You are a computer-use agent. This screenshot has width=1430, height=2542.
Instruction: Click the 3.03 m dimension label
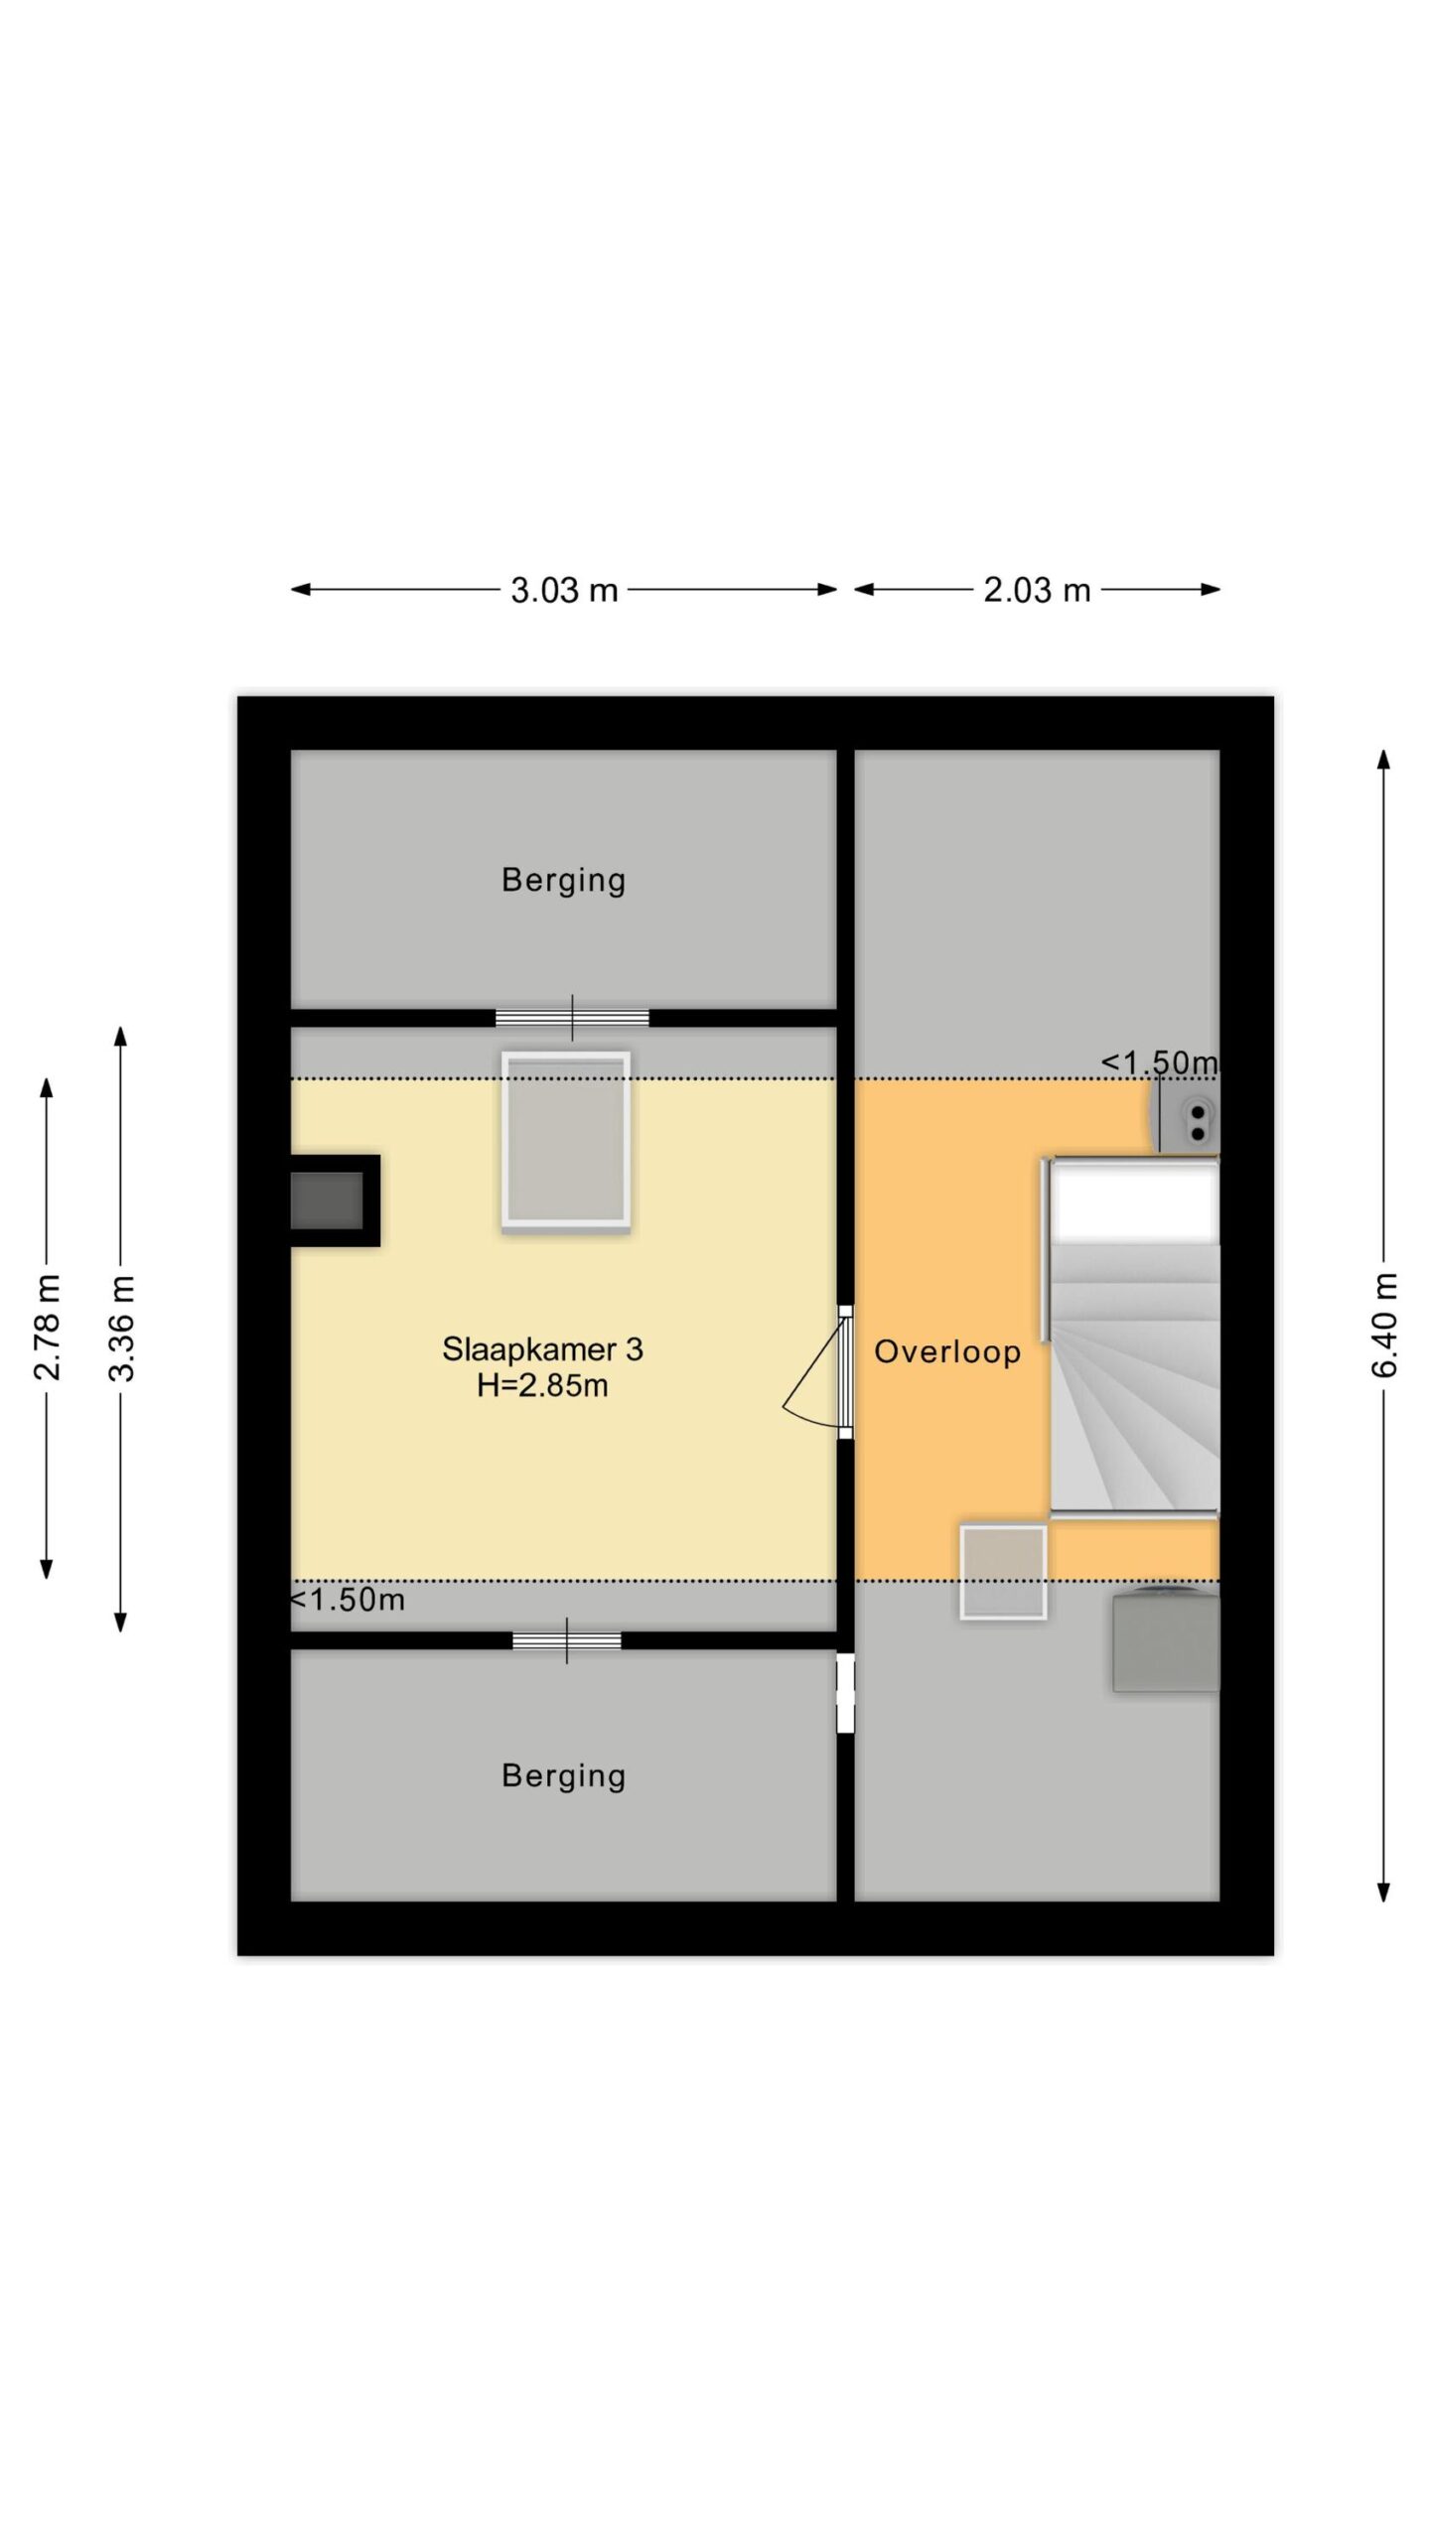(564, 590)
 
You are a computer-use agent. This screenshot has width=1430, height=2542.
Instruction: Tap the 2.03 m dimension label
(1037, 590)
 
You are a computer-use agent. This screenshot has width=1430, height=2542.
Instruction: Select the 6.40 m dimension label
(1384, 1326)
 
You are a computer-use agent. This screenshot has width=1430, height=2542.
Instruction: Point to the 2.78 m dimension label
(47, 1328)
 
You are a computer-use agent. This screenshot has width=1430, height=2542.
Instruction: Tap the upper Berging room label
(563, 881)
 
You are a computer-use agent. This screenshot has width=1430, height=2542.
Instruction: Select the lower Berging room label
(563, 1776)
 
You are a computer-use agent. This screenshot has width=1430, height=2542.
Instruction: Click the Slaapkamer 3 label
(542, 1348)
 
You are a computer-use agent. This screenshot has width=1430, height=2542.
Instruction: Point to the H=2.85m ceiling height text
(542, 1385)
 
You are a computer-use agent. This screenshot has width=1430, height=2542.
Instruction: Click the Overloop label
(947, 1351)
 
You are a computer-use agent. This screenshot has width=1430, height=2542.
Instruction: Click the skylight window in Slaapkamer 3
(566, 1142)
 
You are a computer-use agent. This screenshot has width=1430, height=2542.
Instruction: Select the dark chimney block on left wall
(335, 1200)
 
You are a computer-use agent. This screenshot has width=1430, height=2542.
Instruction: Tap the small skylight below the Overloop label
(1003, 1572)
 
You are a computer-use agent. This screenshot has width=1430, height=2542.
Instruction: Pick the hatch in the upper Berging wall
(572, 1018)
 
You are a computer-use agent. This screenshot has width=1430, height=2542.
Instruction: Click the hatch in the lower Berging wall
(567, 1640)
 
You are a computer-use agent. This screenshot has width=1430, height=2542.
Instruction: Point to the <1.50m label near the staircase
(1159, 1062)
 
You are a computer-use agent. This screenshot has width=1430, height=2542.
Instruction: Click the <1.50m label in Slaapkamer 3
(348, 1600)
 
